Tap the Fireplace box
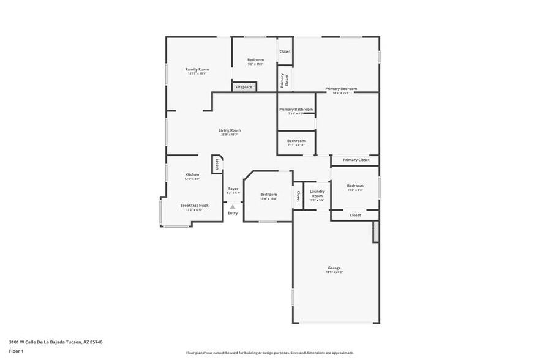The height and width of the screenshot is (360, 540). (x=244, y=87)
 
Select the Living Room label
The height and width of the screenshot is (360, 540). (x=230, y=130)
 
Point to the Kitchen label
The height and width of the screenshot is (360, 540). (x=192, y=174)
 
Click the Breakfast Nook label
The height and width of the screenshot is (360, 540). (x=193, y=206)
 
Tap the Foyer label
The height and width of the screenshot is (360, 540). (x=233, y=189)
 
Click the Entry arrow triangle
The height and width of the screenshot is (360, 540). (x=233, y=207)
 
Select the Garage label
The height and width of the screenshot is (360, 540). (x=334, y=268)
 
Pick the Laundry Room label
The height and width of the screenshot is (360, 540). (x=317, y=193)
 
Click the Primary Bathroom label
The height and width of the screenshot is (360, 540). (x=296, y=110)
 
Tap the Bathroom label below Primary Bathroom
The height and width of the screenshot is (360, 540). (x=296, y=141)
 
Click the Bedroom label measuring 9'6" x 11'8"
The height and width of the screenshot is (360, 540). (x=255, y=59)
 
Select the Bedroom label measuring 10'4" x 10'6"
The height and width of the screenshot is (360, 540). (x=268, y=195)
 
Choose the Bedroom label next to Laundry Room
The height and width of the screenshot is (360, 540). (x=355, y=186)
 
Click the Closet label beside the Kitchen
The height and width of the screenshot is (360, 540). (x=217, y=164)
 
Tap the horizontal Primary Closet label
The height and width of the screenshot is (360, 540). (x=356, y=160)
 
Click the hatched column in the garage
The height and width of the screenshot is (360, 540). (x=375, y=231)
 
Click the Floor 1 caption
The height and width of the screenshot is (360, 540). (x=15, y=351)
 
